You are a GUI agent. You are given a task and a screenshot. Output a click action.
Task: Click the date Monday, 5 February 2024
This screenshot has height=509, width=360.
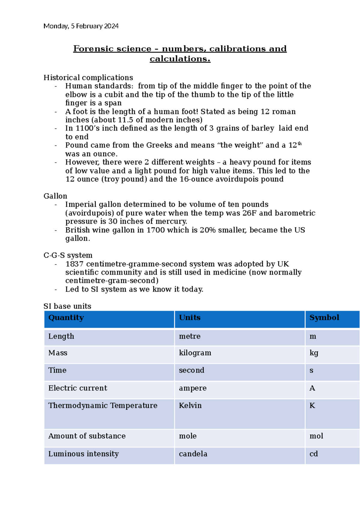coord(81,26)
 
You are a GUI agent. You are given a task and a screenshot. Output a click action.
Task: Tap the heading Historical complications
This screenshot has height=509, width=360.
coord(88,77)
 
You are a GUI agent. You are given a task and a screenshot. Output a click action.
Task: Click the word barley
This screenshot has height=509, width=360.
coord(262,128)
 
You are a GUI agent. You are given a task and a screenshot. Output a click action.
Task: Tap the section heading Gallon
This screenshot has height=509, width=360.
coord(55,196)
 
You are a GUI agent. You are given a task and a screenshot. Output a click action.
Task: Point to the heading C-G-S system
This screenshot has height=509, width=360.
coord(68,255)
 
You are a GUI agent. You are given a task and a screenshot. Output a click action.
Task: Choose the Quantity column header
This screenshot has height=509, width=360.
coord(66,318)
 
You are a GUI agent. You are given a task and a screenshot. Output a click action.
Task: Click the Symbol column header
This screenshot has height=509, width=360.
coord(324,318)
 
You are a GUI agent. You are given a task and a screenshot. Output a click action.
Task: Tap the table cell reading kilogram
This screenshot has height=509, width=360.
coord(195,353)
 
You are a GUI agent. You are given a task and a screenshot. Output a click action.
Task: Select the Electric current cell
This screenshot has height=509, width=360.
coord(78,388)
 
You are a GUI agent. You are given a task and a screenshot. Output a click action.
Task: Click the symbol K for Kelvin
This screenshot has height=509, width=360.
coord(312,406)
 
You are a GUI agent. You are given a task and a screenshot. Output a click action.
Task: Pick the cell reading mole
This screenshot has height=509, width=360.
coord(188,436)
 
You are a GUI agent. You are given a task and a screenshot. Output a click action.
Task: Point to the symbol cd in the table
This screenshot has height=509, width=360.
coord(313,454)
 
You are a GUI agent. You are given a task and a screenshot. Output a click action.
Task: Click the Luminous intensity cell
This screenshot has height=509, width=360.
coord(83,454)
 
